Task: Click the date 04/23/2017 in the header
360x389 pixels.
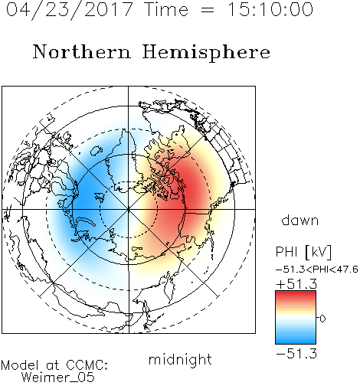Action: (x=70, y=10)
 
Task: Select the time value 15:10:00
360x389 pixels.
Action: (x=270, y=9)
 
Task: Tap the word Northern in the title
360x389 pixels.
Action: (x=82, y=51)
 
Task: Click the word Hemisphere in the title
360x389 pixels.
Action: (x=206, y=53)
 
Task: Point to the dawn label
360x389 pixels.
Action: (x=300, y=221)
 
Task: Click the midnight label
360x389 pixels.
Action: (x=180, y=360)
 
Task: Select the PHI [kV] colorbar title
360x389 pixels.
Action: (x=303, y=252)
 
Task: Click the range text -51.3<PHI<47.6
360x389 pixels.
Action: (x=317, y=270)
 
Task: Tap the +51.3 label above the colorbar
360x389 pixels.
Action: (x=296, y=284)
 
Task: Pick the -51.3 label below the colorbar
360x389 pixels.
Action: (x=296, y=354)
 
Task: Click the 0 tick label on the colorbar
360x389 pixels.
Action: (x=322, y=319)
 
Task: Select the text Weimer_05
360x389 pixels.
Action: (x=58, y=378)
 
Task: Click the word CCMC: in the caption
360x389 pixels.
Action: (x=87, y=365)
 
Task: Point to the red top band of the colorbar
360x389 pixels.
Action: (x=296, y=293)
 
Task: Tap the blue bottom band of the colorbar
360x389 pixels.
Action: (x=296, y=342)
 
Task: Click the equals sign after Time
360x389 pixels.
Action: (x=207, y=10)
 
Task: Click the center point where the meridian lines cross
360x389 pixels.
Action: (x=129, y=209)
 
